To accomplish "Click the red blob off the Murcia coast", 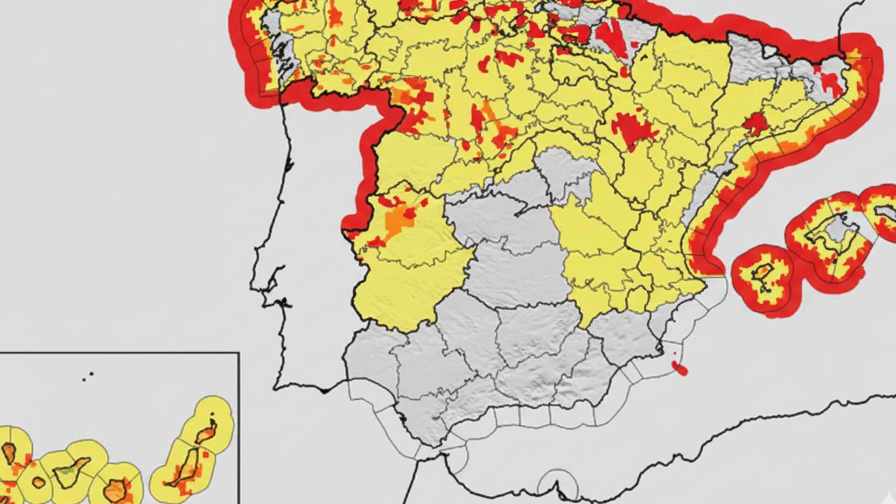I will (x=681, y=369).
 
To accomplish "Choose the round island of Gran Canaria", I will (x=114, y=490).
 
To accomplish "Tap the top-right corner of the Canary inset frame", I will (x=239, y=353).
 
